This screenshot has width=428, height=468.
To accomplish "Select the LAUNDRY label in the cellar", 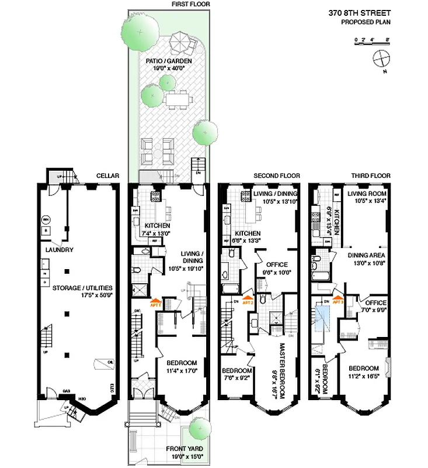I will (60, 250).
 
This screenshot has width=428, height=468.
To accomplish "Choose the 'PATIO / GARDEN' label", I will (170, 60).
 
